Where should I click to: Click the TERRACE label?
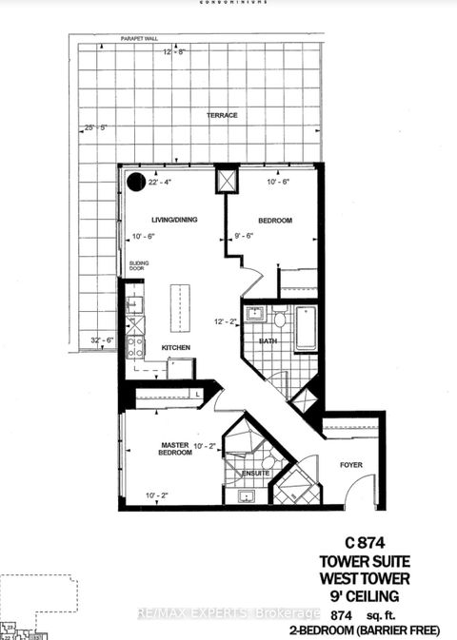click(221, 115)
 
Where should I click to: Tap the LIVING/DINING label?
click(172, 220)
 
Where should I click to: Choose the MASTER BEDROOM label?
click(175, 448)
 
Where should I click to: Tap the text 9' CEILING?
click(387, 599)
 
